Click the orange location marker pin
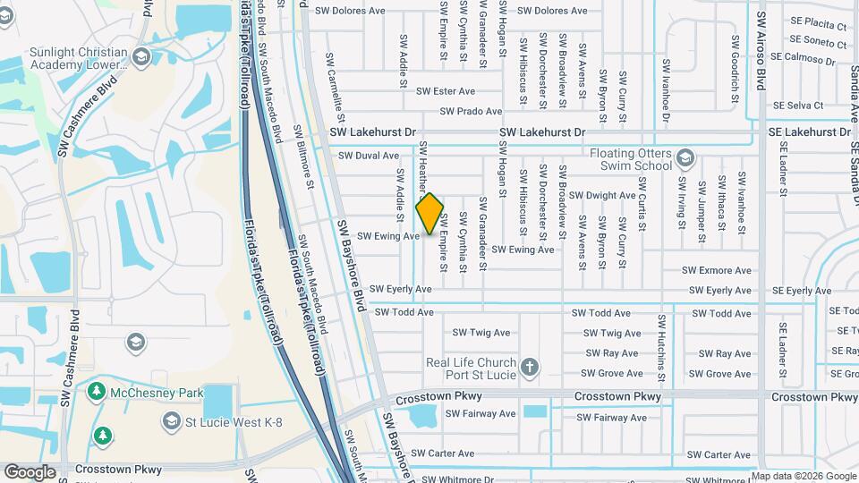point(430,213)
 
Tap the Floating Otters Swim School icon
point(685,159)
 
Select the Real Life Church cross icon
point(530,368)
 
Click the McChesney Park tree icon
point(97,392)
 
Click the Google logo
point(30,472)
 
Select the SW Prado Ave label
point(471,112)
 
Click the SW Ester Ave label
point(447,91)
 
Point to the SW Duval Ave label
point(369,156)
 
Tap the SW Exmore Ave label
point(717,270)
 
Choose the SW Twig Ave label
point(481,332)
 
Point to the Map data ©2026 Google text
point(804,476)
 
